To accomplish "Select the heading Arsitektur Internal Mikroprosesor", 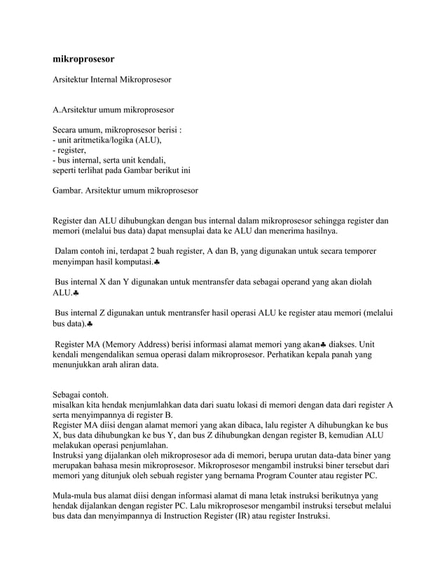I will pos(112,81).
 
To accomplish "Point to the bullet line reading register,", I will pos(71,149).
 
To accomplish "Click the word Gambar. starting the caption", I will pos(69,190).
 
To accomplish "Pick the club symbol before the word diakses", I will pos(323,344).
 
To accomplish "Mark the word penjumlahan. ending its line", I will pos(138,444).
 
